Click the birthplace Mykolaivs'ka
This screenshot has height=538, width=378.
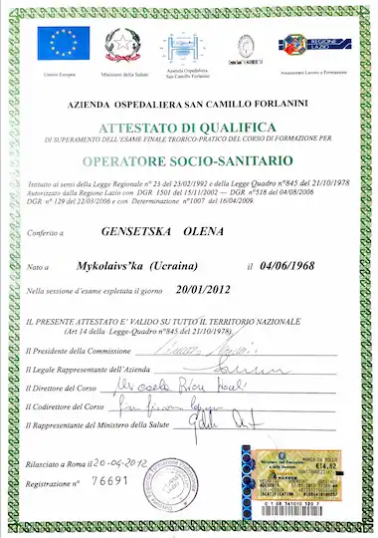[111, 267]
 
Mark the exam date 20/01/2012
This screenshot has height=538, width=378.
[206, 290]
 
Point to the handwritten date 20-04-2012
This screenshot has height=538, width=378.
[118, 461]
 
